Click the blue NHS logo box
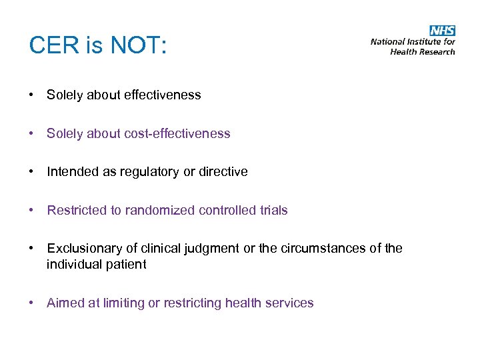442,31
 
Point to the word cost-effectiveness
177,133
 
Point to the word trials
274,211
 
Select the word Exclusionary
83,249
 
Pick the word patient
127,265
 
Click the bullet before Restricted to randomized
32,211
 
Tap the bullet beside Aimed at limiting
32,303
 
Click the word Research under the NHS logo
437,51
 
